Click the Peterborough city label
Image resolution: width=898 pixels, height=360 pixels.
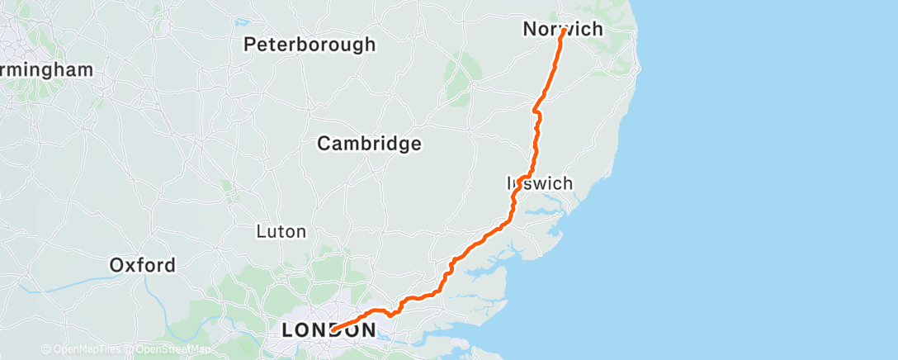pos(310,45)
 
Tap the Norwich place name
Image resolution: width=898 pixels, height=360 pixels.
pos(563,30)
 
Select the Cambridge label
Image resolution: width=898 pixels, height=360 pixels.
pos(370,144)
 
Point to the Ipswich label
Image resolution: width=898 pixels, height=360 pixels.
pos(539,183)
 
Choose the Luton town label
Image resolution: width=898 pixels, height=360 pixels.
pos(281,232)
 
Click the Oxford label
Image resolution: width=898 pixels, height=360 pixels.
pos(142,266)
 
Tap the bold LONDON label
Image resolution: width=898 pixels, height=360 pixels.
pos(328,330)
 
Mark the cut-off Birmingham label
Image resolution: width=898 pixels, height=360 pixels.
pos(45,70)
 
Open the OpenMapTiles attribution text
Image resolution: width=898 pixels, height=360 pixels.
pos(83,349)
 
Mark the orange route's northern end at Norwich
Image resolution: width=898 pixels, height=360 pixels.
pos(563,32)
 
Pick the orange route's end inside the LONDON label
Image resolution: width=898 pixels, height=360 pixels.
pos(333,330)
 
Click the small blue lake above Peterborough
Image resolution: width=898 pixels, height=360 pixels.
pos(241,22)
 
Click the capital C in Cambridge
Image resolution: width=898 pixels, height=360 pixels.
pos(325,144)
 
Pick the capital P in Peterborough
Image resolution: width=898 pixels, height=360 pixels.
pos(249,45)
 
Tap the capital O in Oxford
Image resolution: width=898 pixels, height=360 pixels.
pos(117,266)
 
